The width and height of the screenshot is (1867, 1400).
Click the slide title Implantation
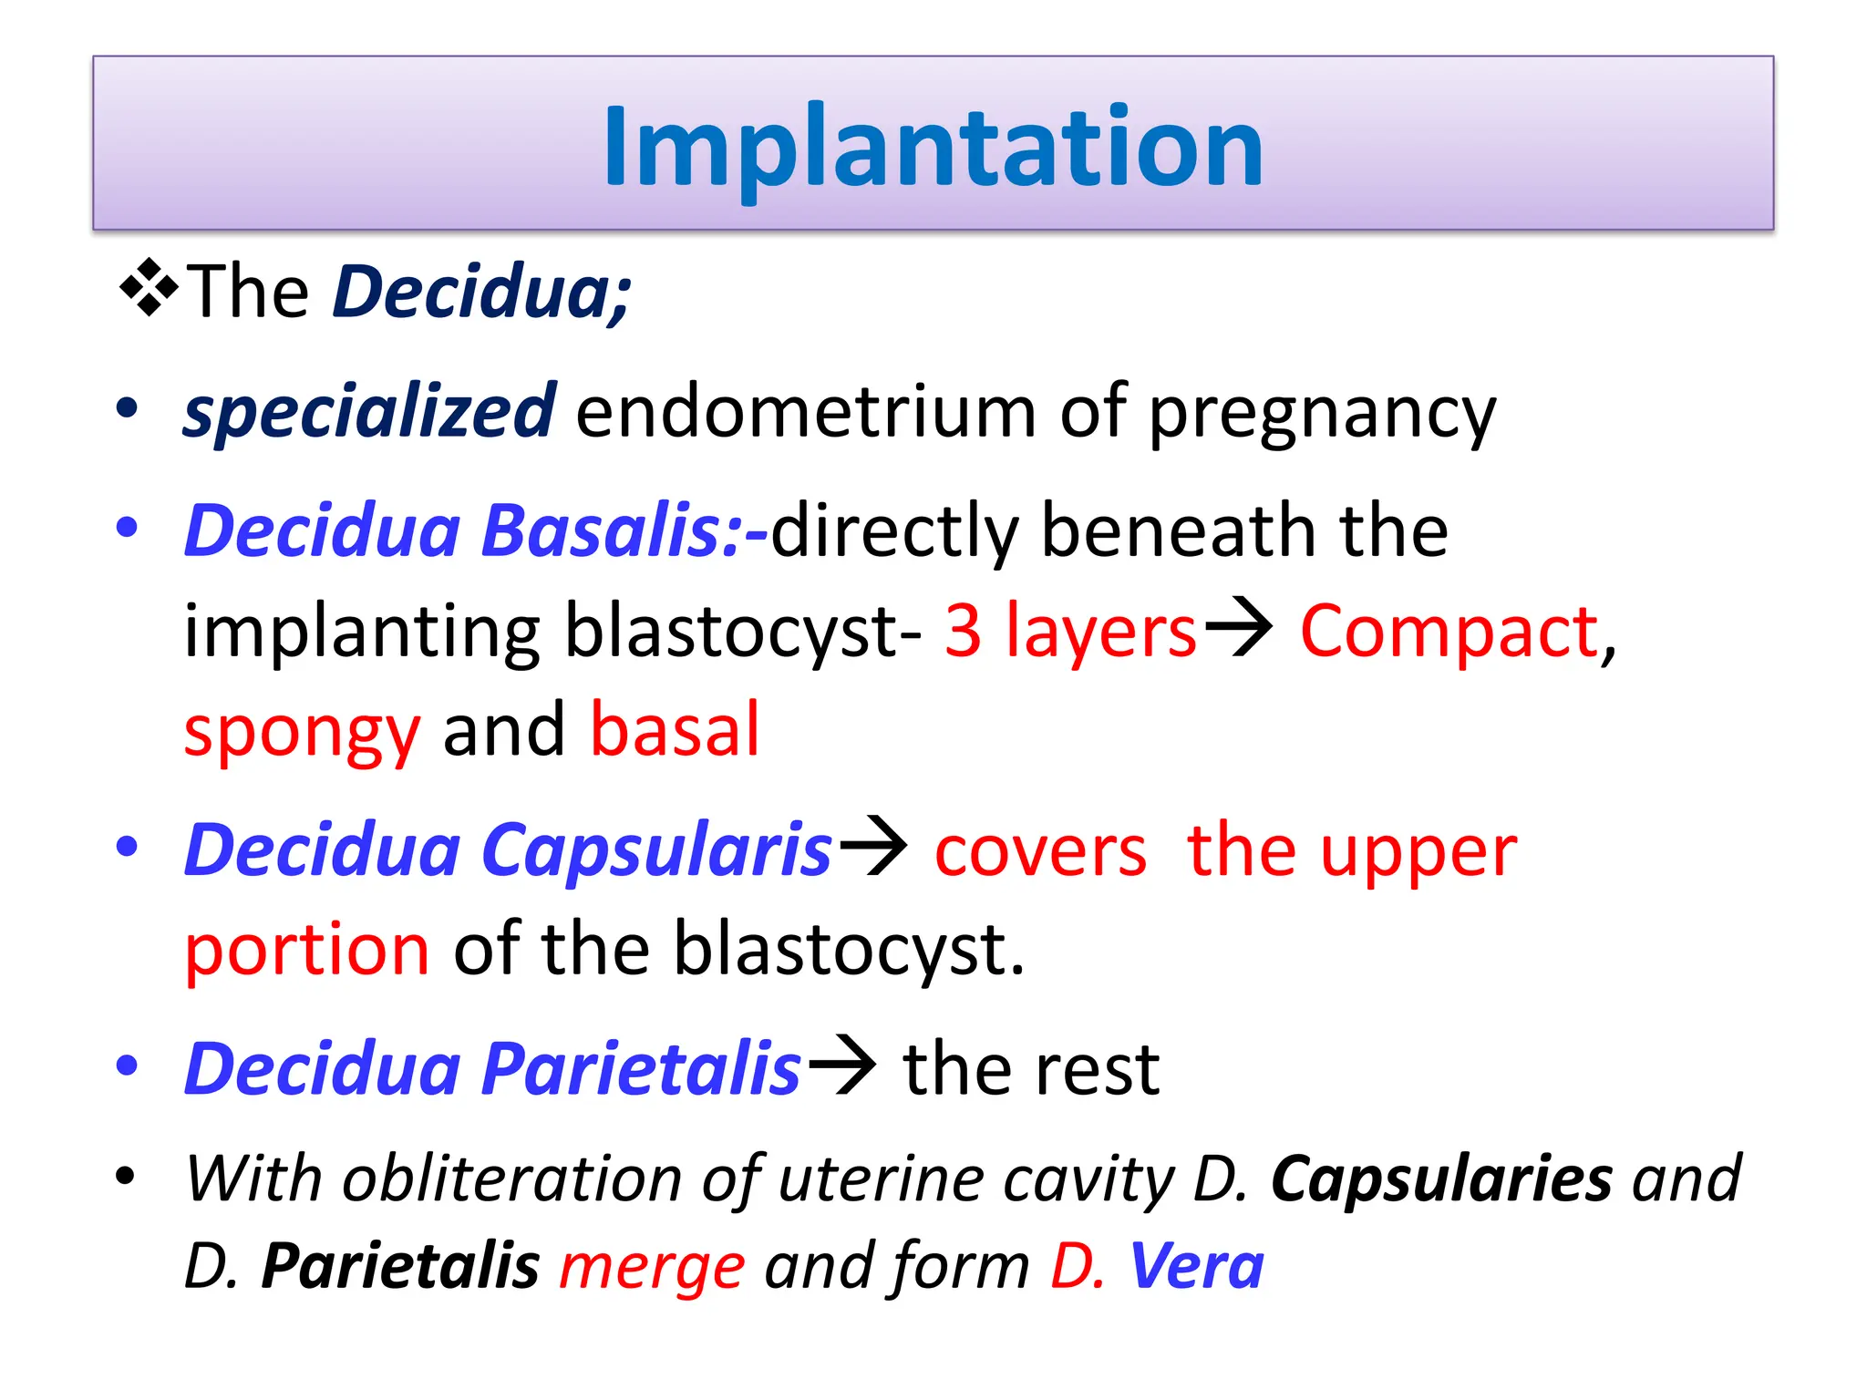click(933, 146)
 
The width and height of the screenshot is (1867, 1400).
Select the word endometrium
click(805, 412)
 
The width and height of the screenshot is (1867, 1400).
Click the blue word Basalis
click(602, 530)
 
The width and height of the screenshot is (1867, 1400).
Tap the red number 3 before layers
click(963, 631)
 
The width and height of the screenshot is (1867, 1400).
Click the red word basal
click(675, 729)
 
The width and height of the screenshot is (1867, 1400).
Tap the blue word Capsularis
click(656, 849)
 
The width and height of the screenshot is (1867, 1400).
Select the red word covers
click(1040, 852)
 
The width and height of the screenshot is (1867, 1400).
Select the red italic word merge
click(652, 1267)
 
